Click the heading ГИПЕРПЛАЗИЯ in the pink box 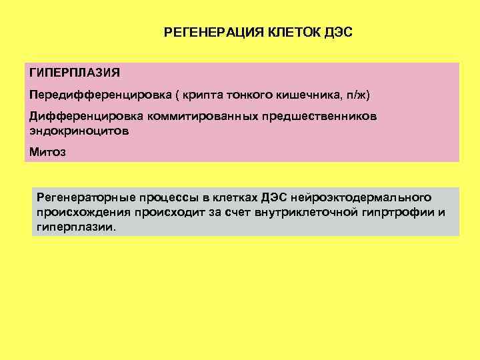[70, 72]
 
